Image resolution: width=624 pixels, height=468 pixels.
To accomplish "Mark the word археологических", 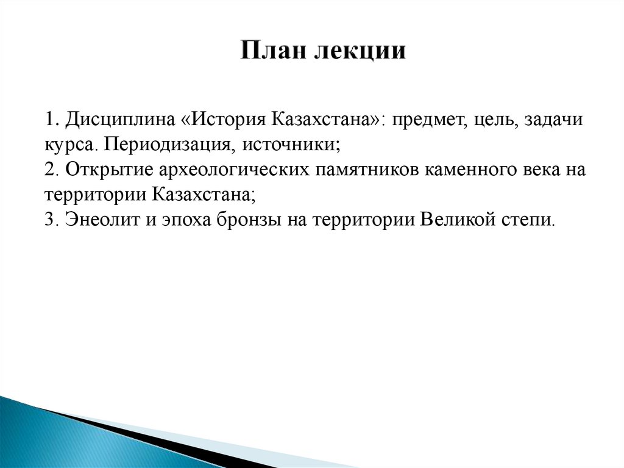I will click(227, 169).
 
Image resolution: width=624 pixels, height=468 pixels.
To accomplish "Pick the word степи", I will click(529, 220).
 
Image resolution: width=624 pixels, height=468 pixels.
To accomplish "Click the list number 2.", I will click(49, 169).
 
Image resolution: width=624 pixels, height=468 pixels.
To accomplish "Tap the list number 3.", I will click(49, 220).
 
